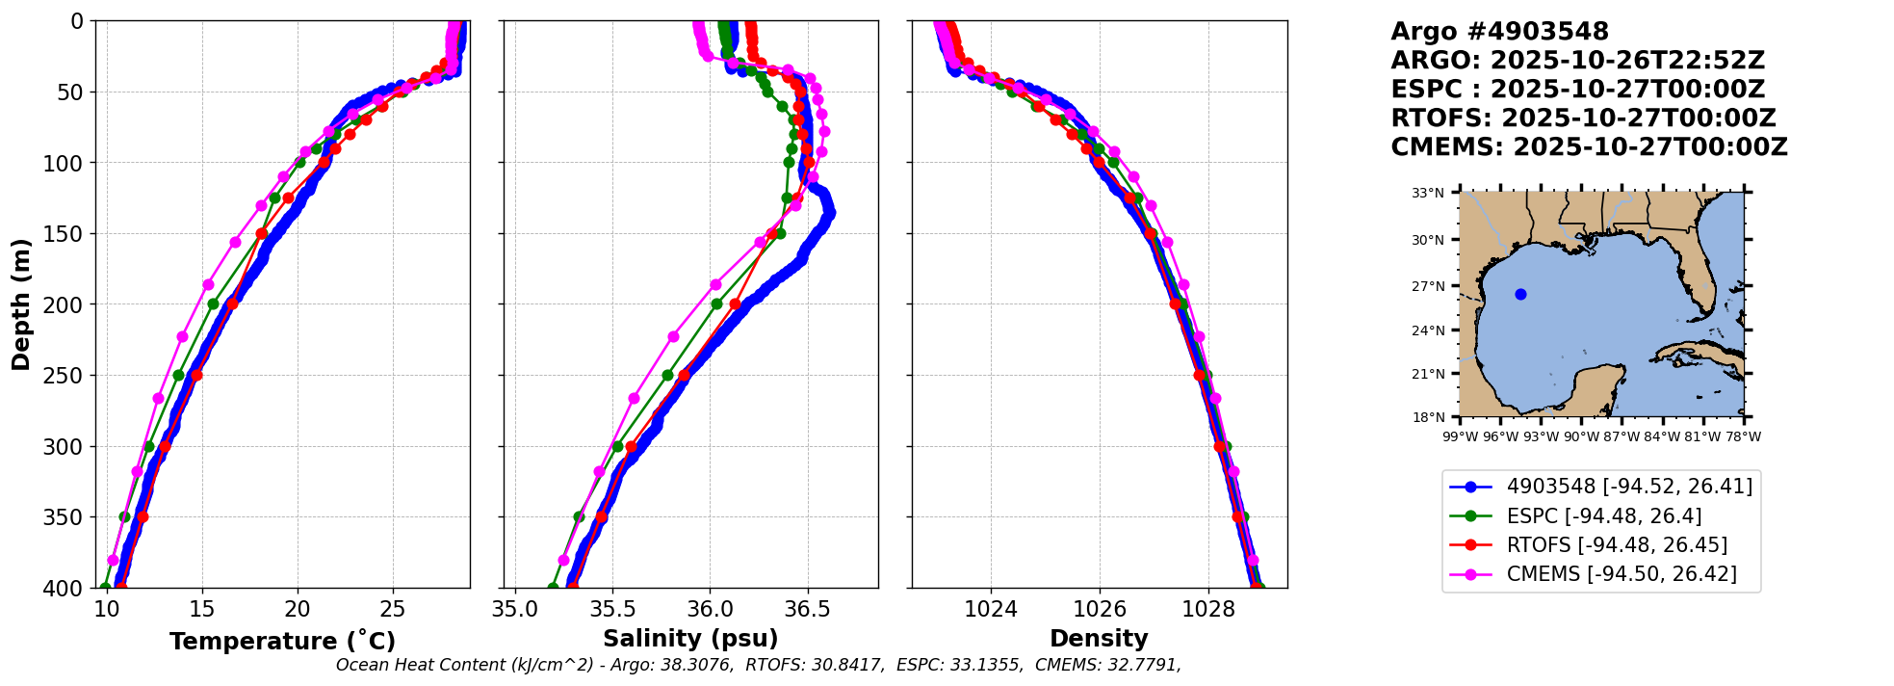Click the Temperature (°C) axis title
tap(282, 641)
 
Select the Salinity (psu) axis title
tap(690, 639)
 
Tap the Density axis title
tap(1099, 639)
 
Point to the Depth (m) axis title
tap(21, 304)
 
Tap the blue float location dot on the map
tap(1520, 295)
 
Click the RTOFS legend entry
tap(1589, 545)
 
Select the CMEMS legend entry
tap(1594, 574)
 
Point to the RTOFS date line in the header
tap(1584, 119)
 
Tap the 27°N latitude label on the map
tap(1428, 286)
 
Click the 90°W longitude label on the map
tap(1580, 436)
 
